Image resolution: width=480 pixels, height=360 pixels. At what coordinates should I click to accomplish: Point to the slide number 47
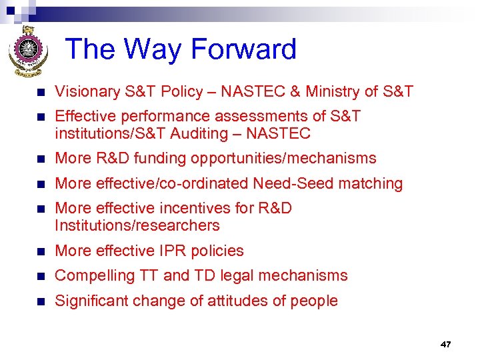445,345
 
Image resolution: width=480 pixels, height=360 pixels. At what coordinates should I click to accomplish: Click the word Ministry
341,92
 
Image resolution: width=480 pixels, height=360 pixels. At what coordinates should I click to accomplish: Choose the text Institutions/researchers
137,225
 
